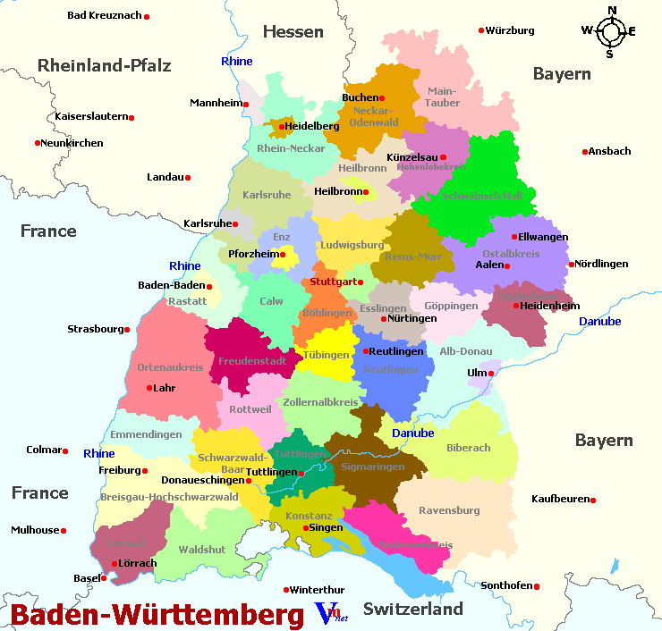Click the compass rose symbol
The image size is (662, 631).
611,31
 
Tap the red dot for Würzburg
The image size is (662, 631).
481,30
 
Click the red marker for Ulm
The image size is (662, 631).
491,374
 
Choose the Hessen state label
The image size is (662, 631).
293,32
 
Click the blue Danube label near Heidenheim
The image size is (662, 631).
599,321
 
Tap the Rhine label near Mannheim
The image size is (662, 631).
237,62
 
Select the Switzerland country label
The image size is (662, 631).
412,610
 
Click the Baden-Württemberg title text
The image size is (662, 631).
156,616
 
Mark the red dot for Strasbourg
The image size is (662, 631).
127,330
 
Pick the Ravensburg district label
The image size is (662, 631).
449,511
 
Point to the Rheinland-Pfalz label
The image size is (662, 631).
104,65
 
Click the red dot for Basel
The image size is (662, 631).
105,578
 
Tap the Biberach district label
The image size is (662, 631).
468,448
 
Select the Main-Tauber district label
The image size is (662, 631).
443,97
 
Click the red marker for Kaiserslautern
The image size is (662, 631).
132,117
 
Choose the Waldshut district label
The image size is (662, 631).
202,550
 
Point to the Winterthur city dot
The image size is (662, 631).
286,590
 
